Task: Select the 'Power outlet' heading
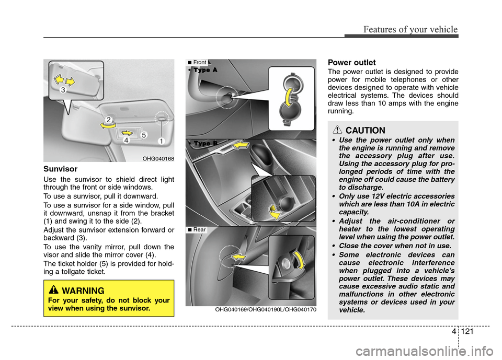pyautogui.click(x=351, y=62)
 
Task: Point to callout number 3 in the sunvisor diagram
pyautogui.click(x=63, y=90)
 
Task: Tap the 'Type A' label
pyautogui.click(x=202, y=70)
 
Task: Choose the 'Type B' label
pyautogui.click(x=202, y=143)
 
